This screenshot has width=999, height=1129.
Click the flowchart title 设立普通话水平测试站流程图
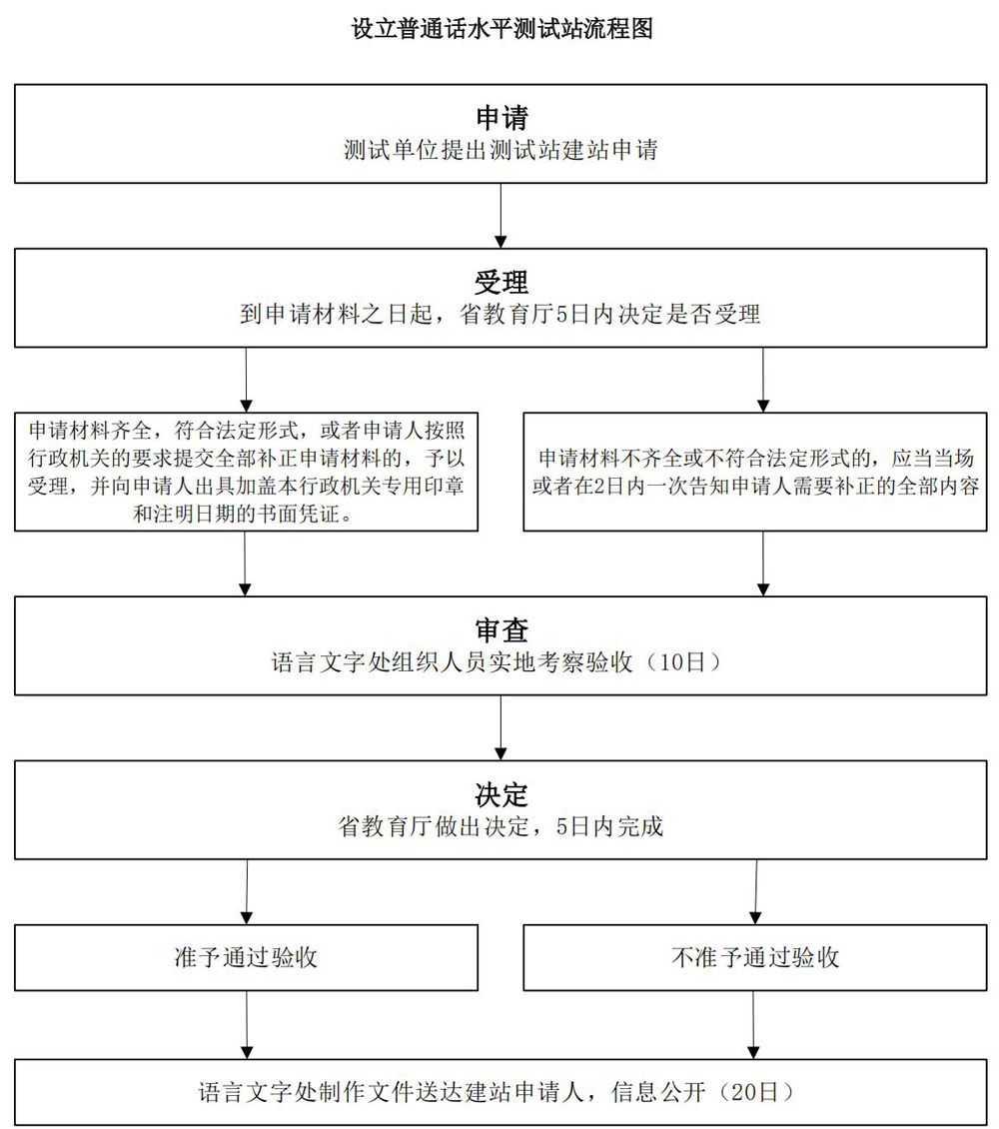pos(501,29)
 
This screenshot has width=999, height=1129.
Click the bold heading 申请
pos(501,117)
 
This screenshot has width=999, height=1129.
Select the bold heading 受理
pos(501,282)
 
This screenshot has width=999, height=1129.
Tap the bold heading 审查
pos(501,630)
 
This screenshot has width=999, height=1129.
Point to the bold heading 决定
pos(501,794)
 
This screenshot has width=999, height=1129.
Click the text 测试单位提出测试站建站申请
pos(500,150)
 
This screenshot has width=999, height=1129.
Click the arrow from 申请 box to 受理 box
pos(500,215)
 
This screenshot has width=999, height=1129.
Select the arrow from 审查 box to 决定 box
pos(500,727)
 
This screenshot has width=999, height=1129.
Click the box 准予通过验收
pos(246,957)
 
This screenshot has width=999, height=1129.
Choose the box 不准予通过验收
pos(755,957)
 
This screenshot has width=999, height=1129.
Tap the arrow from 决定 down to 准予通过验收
pos(247,891)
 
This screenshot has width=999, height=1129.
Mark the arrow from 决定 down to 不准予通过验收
pos(755,891)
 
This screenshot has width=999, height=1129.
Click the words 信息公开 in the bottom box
pos(658,1092)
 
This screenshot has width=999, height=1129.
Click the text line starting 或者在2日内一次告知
pos(755,486)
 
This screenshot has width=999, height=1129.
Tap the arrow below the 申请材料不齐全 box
pos(763,564)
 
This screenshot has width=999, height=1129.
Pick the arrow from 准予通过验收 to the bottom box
pos(247,1025)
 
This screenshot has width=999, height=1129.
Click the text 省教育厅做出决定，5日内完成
pos(500,826)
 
